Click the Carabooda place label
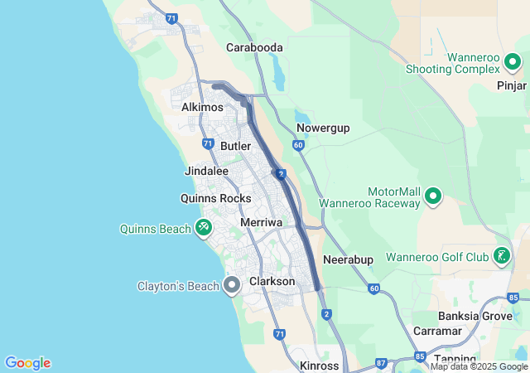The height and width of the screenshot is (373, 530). click(x=254, y=47)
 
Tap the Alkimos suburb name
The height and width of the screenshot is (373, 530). click(x=203, y=107)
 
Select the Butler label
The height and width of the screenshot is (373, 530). click(x=235, y=146)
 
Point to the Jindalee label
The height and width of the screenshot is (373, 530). click(x=205, y=171)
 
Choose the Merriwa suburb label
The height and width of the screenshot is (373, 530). click(x=261, y=223)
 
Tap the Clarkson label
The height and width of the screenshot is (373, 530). click(x=272, y=281)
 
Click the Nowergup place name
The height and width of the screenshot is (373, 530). click(x=323, y=128)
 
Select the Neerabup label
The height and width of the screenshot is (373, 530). click(x=348, y=259)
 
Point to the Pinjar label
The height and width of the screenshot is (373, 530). click(x=511, y=85)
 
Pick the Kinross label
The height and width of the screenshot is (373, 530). click(x=319, y=366)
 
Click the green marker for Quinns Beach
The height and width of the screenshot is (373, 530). click(x=204, y=227)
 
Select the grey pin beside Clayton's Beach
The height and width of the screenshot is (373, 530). click(x=233, y=286)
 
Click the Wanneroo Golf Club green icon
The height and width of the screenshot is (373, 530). click(x=501, y=256)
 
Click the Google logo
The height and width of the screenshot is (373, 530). click(x=27, y=363)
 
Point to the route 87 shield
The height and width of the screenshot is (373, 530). click(x=381, y=362)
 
